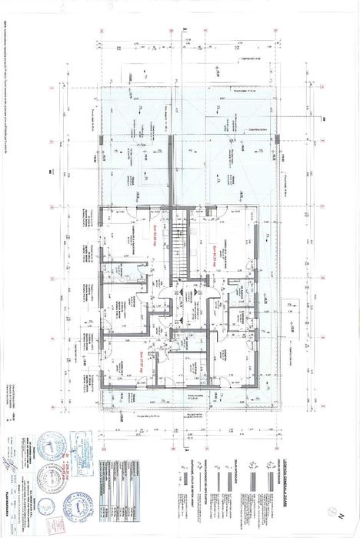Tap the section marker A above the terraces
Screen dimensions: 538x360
point(186,32)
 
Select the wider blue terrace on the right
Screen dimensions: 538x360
point(223,146)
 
